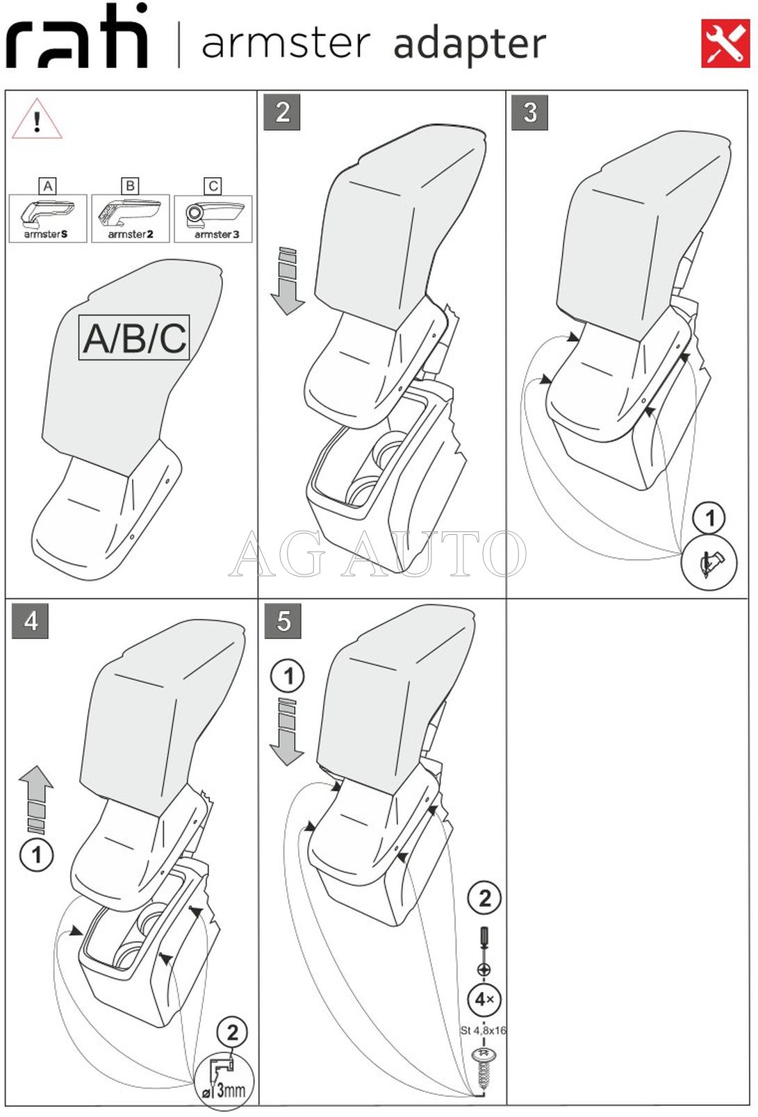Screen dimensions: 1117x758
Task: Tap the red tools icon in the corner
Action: point(725,44)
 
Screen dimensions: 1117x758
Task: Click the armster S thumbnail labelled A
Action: point(47,218)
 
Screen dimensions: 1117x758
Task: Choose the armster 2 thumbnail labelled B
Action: point(130,218)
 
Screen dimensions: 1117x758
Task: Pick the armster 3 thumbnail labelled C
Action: point(213,218)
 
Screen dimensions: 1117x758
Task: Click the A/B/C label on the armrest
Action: point(134,338)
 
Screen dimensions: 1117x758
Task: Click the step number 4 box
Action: point(30,620)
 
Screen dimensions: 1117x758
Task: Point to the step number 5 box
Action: point(282,620)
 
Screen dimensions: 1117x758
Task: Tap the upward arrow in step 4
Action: point(36,799)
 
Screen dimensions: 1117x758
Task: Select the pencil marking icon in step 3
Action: point(709,563)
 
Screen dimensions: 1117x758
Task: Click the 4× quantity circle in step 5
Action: point(484,1000)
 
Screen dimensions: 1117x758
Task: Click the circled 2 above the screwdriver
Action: point(484,898)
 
